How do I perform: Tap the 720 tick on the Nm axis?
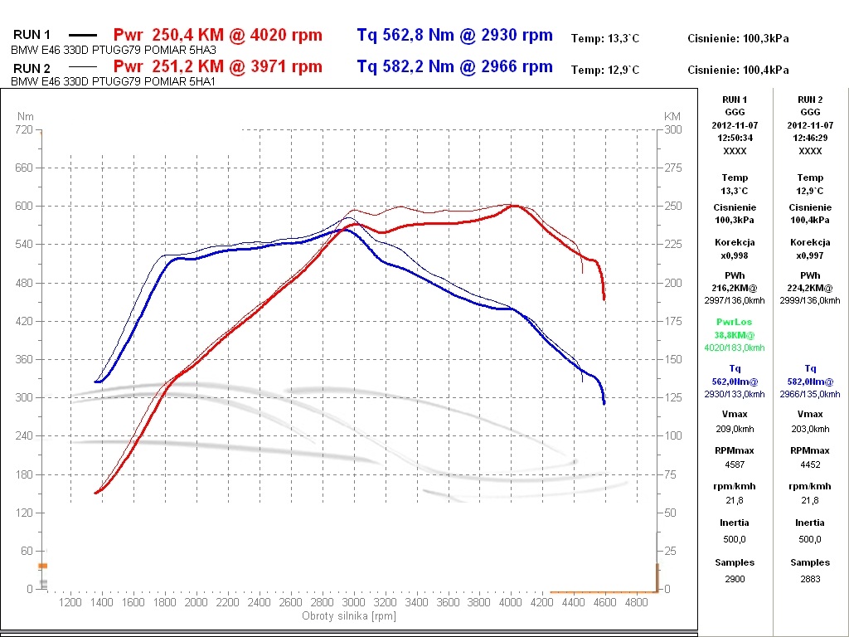point(24,130)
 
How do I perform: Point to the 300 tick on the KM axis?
point(673,130)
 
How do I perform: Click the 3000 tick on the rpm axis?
point(354,602)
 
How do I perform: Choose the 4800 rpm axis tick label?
point(636,602)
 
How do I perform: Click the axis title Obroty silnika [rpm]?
point(349,615)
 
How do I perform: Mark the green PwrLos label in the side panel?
point(735,322)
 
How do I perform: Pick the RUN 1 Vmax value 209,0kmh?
point(735,430)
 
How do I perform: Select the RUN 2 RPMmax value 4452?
point(810,464)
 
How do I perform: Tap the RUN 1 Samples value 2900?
point(735,579)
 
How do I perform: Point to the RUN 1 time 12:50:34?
point(735,138)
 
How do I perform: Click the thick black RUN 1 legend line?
point(82,36)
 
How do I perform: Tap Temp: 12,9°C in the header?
point(605,71)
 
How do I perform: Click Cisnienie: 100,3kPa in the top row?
point(738,38)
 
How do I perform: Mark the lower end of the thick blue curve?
point(604,403)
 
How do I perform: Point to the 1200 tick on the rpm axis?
point(71,602)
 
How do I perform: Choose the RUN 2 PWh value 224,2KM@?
point(810,287)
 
